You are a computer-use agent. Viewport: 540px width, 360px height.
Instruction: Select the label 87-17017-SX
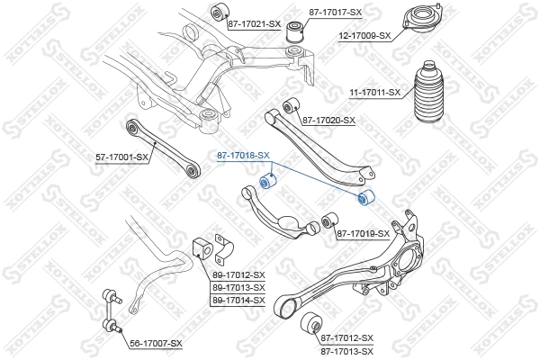pyautogui.click(x=335, y=13)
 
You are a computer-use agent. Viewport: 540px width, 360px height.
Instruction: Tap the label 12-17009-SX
pyautogui.click(x=364, y=36)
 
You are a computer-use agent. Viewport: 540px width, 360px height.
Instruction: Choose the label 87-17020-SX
pyautogui.click(x=328, y=120)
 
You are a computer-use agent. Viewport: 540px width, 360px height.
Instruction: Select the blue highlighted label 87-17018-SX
pyautogui.click(x=243, y=156)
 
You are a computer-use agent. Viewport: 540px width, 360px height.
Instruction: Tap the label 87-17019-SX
pyautogui.click(x=363, y=234)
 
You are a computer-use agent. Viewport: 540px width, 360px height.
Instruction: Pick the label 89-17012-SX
pyautogui.click(x=238, y=274)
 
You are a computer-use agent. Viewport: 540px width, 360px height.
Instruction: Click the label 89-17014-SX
pyautogui.click(x=238, y=300)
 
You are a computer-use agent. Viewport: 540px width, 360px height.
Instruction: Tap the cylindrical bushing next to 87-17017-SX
pyautogui.click(x=293, y=33)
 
